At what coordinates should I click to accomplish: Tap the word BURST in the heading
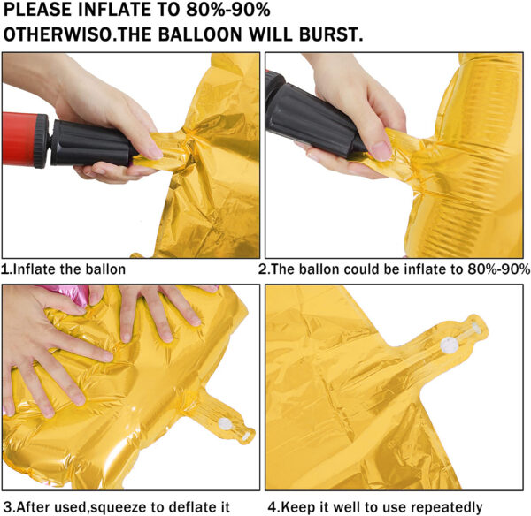pos(331,34)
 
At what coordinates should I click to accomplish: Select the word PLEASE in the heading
pos(37,10)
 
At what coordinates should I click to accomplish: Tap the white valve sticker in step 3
pos(225,423)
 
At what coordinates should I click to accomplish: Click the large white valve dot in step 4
pos(449,345)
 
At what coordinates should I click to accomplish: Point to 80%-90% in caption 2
pos(498,269)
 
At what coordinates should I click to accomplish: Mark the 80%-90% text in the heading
pos(228,10)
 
